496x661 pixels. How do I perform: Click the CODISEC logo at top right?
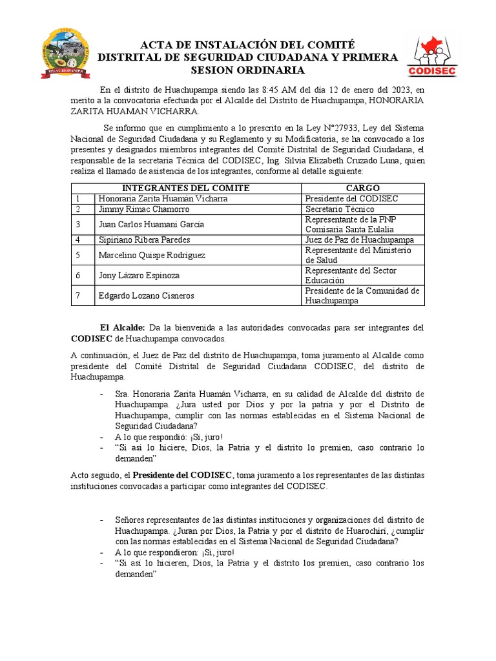click(433, 56)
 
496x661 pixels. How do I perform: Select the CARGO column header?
click(363, 188)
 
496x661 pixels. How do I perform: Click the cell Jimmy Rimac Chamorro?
click(143, 210)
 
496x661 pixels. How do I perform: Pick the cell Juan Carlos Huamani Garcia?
click(151, 224)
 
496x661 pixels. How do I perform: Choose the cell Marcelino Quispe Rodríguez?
click(152, 255)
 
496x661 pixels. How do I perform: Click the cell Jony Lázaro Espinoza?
click(139, 275)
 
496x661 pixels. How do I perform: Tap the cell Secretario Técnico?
click(340, 210)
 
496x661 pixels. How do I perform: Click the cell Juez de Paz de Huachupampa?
click(360, 239)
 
